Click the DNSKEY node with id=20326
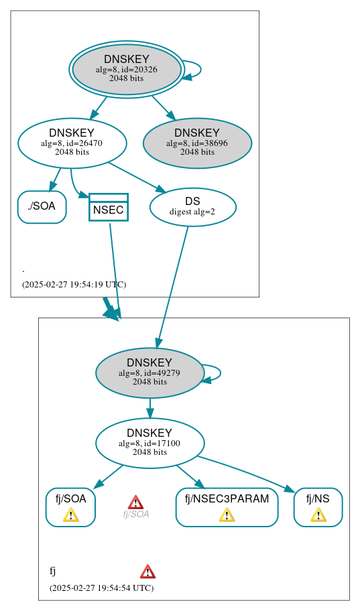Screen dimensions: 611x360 (x=127, y=69)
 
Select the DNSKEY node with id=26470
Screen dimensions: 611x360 (x=72, y=142)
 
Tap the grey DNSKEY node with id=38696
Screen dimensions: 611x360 (x=197, y=143)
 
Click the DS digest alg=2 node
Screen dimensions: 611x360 (x=192, y=206)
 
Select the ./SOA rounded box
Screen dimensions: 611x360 (x=42, y=206)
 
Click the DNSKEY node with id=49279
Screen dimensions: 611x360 (x=149, y=372)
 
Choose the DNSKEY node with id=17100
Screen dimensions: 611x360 (x=149, y=443)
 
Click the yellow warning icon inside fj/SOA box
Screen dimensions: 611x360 (x=70, y=515)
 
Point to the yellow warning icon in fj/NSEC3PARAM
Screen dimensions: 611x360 (x=227, y=515)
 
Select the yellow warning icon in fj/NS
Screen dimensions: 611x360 (x=318, y=515)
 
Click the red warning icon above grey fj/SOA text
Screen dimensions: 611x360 (x=135, y=502)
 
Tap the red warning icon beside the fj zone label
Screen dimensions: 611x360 (x=147, y=571)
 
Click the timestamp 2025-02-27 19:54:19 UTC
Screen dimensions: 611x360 (x=74, y=284)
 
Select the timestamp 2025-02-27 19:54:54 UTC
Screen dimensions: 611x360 (x=101, y=588)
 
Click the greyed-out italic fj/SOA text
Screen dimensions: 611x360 (x=135, y=515)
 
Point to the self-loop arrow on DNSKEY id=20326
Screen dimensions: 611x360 (x=199, y=69)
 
